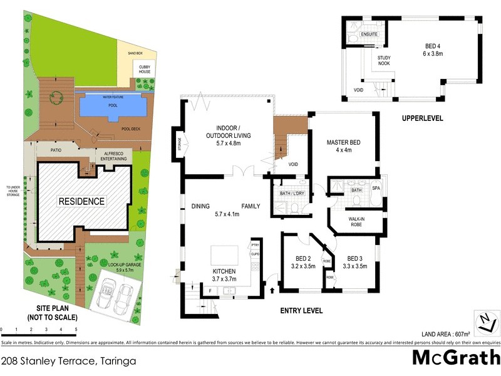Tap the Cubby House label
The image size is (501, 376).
pos(144,70)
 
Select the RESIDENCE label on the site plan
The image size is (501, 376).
pos(82,201)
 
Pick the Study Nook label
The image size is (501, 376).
pos(383,60)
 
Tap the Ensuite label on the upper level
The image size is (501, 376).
pos(369,34)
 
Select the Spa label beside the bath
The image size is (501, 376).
pos(376,189)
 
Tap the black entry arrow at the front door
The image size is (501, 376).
pos(271,290)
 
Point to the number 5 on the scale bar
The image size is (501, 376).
pos(76,329)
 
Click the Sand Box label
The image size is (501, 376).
pos(135,54)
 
